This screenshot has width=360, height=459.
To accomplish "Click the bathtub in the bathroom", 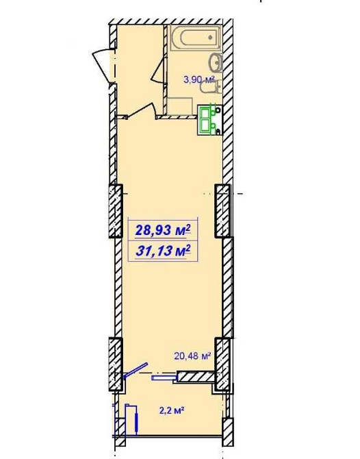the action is coord(196,38).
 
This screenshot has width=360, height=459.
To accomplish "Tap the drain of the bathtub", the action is coord(211,38).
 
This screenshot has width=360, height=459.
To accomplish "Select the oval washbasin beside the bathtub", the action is coord(216,62).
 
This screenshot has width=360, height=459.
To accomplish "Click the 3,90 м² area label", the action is coord(199,79).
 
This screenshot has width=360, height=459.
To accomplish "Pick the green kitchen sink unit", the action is coord(209,120).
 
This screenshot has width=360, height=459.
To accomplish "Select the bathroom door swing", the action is coord(159,71).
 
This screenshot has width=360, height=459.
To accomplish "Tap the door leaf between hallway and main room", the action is coord(142,111).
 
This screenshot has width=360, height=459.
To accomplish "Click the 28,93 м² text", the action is coord(163,230).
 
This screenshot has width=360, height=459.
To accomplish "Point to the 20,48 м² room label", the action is coord(192,356).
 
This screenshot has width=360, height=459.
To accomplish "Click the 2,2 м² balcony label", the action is coord(172,410).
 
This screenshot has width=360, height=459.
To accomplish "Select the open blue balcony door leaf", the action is coord(136,371).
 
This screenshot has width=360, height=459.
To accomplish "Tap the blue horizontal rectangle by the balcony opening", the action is coord(164,378).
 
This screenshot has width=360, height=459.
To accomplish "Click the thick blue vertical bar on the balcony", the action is coord(137,422).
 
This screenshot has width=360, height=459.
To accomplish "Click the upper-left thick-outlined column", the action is coord(116,211).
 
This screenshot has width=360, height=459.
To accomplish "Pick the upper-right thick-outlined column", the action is coord(222,211).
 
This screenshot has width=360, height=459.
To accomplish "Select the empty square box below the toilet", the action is coord(179,105).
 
